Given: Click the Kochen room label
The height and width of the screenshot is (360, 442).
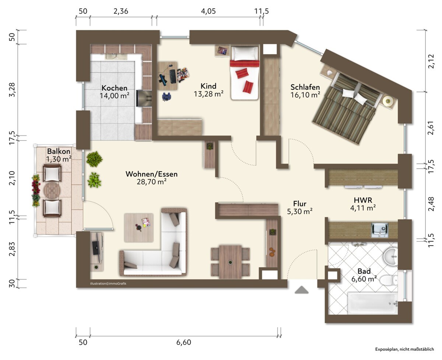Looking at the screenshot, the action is (x=114, y=88).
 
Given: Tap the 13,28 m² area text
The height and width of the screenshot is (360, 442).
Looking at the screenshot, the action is (x=208, y=94).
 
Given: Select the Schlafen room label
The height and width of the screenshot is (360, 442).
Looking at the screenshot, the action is (x=305, y=87).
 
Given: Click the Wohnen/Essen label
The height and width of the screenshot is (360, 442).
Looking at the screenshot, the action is (x=151, y=174).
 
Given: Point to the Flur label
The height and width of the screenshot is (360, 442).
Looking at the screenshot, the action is (x=300, y=204).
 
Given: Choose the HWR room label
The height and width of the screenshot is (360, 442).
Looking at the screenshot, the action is (x=363, y=200).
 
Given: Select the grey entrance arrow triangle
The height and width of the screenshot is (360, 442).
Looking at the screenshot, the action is (x=302, y=290).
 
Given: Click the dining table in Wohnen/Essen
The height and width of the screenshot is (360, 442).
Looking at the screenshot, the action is (x=230, y=262).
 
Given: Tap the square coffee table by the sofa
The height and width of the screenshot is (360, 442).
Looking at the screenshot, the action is (x=138, y=228).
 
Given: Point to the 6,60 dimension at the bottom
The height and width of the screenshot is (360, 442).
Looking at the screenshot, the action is (x=184, y=342).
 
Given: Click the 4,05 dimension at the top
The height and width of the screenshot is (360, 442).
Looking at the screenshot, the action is (x=208, y=11).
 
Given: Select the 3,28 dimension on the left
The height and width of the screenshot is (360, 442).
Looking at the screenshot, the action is (x=12, y=89).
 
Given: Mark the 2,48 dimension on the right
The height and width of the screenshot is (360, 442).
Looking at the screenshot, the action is (x=431, y=204).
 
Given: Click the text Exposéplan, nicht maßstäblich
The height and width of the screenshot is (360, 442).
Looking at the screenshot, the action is (x=404, y=349).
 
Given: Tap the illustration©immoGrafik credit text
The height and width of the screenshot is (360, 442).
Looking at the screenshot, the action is (x=108, y=283).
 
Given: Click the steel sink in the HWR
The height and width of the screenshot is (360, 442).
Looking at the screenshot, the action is (x=379, y=230).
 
